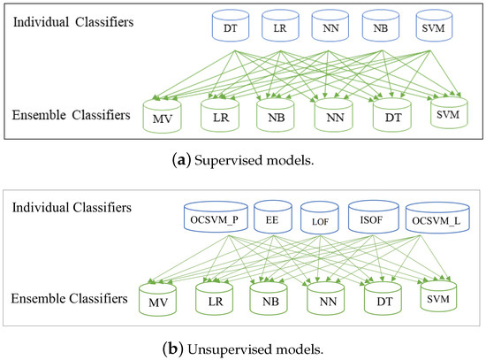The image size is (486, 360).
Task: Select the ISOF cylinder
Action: click(375, 218)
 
